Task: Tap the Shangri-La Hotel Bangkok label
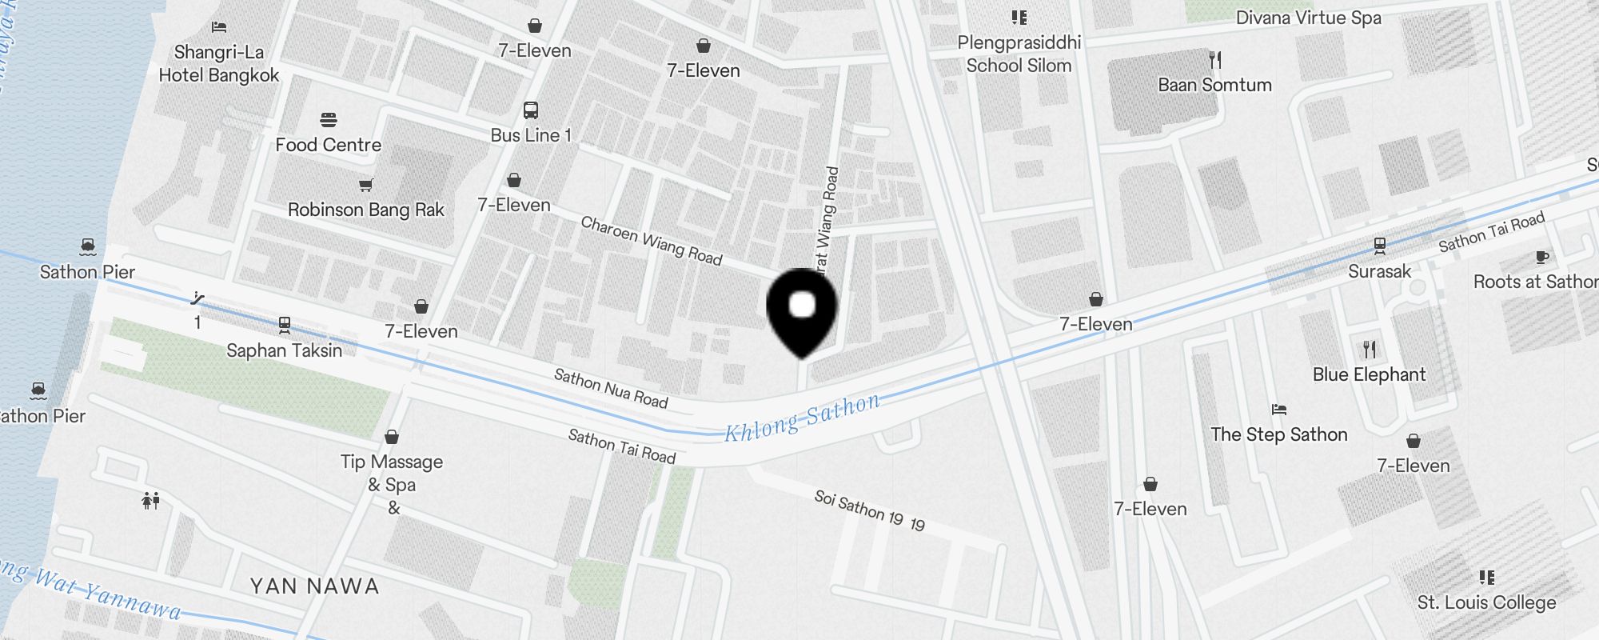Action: [218, 64]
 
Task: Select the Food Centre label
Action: [328, 145]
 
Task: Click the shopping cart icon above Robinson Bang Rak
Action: [365, 186]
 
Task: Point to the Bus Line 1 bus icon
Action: [530, 110]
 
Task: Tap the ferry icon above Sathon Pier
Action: [88, 246]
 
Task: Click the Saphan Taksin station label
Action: [284, 350]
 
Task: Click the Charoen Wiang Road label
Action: [651, 240]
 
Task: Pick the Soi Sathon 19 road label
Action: [869, 510]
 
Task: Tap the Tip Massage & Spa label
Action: [392, 474]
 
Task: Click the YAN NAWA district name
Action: [314, 586]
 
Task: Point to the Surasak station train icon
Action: [1379, 246]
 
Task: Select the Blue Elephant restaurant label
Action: [1369, 374]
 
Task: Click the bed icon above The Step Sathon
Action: [1279, 410]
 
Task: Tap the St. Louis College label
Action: [1486, 602]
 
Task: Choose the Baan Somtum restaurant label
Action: [1214, 85]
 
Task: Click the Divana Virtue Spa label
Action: [1308, 18]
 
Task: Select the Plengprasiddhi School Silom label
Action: [1019, 54]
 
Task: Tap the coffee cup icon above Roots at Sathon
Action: [1542, 257]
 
